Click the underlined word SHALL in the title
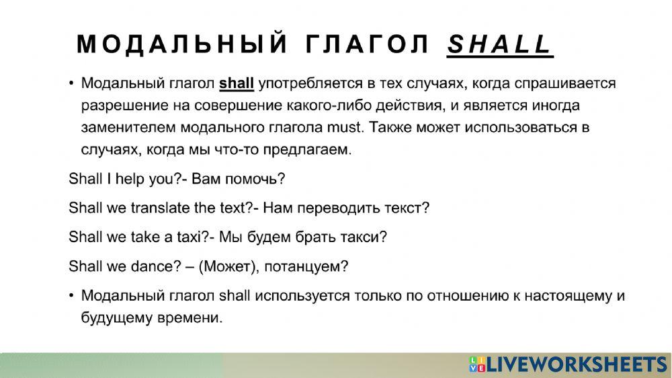(499, 44)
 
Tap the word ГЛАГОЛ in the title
(368, 44)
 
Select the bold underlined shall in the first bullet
(237, 84)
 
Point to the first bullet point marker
(72, 85)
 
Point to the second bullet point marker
(72, 296)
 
